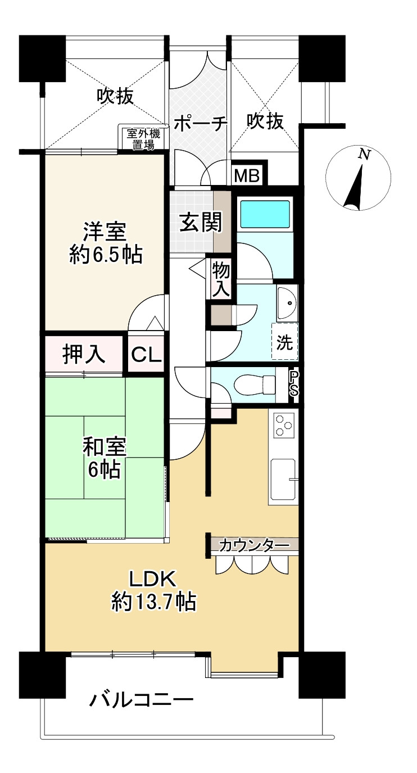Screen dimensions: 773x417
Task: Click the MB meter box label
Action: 247,175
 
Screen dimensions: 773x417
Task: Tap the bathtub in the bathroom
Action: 265,214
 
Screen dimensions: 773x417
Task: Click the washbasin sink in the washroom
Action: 287,303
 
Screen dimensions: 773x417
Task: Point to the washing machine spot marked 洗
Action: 285,342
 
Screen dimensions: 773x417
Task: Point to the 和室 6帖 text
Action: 105,458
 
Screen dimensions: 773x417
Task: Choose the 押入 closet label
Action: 83,355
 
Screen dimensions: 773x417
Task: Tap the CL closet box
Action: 146,355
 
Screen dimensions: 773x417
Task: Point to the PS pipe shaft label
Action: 293,385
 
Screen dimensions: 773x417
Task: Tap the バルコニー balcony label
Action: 142,700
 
